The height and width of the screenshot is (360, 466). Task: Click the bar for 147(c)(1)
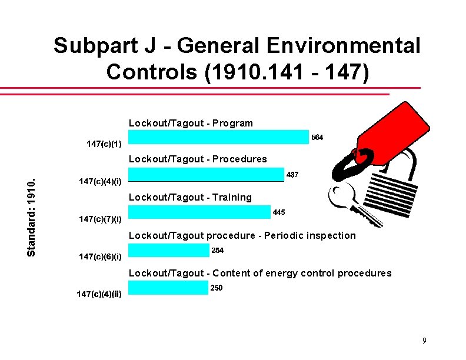218,137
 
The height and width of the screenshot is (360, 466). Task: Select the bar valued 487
206,175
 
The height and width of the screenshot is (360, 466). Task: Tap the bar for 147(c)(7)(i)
199,213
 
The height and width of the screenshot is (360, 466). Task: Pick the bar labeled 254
168,251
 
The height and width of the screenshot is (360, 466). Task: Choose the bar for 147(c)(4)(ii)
167,288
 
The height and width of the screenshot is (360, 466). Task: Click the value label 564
317,137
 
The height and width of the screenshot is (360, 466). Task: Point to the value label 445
279,212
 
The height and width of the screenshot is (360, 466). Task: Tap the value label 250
217,288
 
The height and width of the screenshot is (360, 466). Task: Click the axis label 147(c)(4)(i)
101,182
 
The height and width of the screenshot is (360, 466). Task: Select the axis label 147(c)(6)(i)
101,256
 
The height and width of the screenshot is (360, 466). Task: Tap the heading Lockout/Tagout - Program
191,124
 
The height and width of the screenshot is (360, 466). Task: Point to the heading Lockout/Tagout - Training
190,198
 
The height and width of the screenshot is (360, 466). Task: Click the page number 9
424,341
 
